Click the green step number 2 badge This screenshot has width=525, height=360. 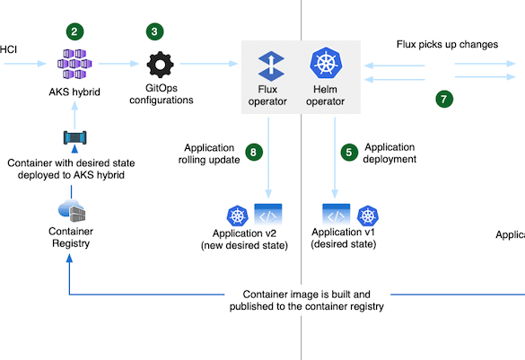coord(74,31)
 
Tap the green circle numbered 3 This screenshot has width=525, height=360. coord(154,31)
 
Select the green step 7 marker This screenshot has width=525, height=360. coord(444,99)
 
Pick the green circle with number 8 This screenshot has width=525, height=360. coord(254,153)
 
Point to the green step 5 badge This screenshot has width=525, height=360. coord(349,153)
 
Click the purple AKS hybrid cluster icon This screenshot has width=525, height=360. coord(74,64)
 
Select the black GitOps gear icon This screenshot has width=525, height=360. coord(160,65)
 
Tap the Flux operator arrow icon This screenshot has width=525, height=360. coord(271,66)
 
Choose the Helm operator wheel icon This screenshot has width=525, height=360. coord(326,63)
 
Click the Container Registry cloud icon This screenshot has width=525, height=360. coord(71,211)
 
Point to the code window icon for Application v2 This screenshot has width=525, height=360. coord(268,214)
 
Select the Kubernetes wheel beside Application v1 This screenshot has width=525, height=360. coord(368,215)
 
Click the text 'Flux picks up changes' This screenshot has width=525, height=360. coord(447,45)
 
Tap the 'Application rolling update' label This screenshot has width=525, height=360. coord(209,154)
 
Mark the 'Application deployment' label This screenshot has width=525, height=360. coord(389,153)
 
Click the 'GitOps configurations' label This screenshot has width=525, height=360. coord(162,94)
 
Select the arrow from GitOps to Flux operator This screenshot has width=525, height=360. coord(208,64)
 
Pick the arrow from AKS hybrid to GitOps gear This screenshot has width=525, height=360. coord(118,64)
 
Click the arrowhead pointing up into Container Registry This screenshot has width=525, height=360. coord(69,258)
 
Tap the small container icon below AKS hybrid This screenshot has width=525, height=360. coord(75,137)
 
